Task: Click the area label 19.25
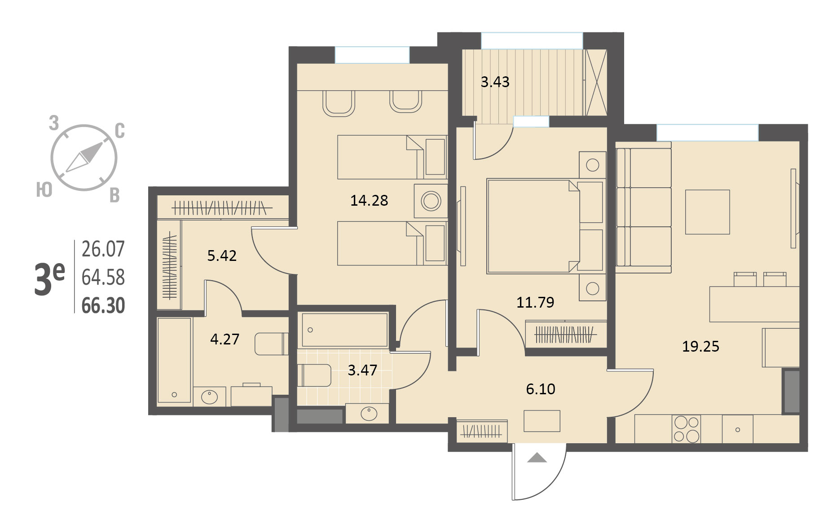(x=700, y=346)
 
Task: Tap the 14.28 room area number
(x=369, y=200)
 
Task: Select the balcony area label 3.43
(x=495, y=82)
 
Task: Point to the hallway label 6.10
(x=541, y=389)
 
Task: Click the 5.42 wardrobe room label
(x=222, y=256)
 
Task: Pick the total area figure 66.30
(x=103, y=305)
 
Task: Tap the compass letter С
(x=119, y=131)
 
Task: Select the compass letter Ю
(x=44, y=190)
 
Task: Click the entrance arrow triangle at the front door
(x=537, y=458)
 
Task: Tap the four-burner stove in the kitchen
(x=686, y=429)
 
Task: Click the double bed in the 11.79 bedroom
(x=545, y=226)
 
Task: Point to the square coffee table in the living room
(x=707, y=212)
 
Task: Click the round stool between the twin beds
(x=431, y=201)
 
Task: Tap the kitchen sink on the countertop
(x=737, y=429)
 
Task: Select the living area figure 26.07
(x=103, y=249)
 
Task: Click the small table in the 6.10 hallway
(x=542, y=421)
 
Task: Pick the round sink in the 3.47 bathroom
(x=369, y=413)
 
